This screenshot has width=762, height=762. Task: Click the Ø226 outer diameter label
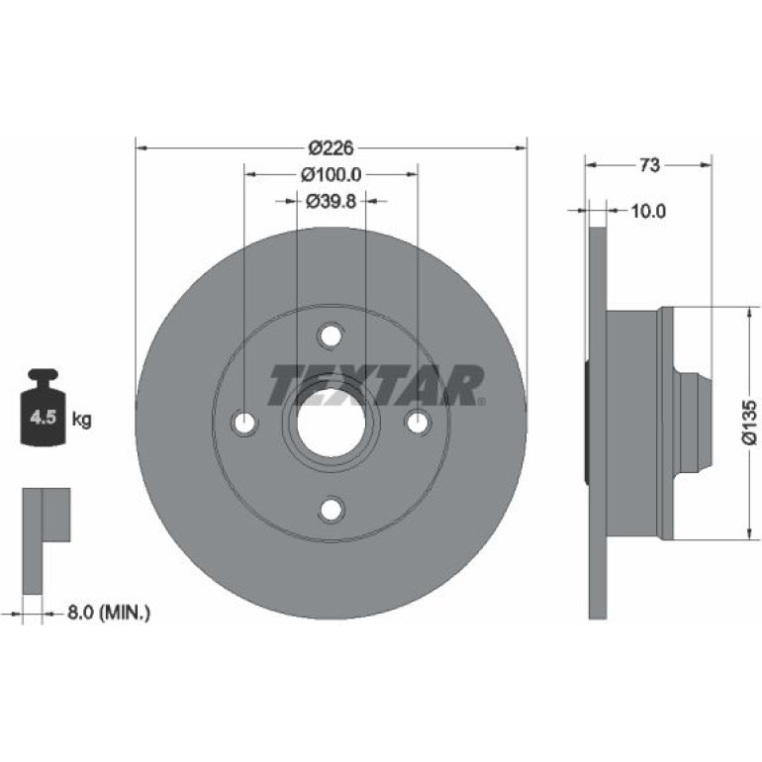[x=331, y=147]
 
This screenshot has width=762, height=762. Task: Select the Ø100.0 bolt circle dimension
[x=331, y=174]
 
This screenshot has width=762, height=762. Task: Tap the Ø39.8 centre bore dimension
[x=331, y=200]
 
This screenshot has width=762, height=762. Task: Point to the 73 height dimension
[x=649, y=165]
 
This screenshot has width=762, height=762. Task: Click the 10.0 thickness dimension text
[x=648, y=211]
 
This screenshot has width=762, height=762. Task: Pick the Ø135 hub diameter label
[x=749, y=422]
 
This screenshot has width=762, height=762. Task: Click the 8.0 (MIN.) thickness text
[x=109, y=613]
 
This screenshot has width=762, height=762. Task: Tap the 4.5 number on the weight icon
[x=44, y=418]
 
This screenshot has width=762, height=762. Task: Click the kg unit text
[x=81, y=419]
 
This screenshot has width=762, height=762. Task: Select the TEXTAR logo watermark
[x=376, y=386]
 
